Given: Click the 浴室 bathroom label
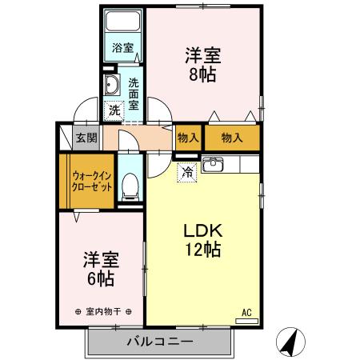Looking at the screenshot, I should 122,47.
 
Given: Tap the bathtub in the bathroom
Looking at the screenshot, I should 123,22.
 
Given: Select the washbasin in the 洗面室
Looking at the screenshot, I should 112,86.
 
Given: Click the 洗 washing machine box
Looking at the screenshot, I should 114,110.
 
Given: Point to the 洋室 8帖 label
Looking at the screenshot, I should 203,65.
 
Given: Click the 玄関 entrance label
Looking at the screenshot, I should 86,138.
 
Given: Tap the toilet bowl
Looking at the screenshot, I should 130,187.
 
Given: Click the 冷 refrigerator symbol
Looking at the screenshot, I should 187,171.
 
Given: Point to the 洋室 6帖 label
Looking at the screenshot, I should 101,269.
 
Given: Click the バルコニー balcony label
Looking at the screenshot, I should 159,342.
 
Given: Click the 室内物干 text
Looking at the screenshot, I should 101,310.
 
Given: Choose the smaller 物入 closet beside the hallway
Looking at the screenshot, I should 188,138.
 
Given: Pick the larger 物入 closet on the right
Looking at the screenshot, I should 232,138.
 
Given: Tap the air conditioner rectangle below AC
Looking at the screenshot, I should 247,321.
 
